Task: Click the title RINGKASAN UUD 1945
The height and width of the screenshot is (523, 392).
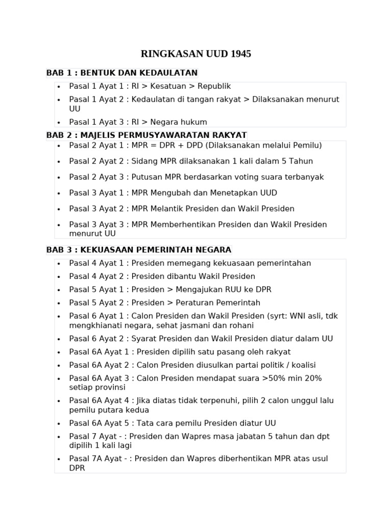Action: click(x=196, y=54)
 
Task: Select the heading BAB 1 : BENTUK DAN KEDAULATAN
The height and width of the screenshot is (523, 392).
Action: click(x=122, y=73)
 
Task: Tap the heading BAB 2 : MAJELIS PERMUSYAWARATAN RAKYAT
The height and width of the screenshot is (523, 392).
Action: click(x=146, y=135)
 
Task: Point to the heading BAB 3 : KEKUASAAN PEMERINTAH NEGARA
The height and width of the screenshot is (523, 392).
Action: click(x=139, y=250)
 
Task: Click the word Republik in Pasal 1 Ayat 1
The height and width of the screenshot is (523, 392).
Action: click(x=214, y=86)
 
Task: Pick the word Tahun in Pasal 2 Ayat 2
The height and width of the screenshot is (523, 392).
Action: click(x=301, y=161)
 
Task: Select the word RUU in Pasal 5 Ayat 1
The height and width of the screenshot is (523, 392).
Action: click(x=229, y=290)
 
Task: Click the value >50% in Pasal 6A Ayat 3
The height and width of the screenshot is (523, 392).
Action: click(x=284, y=378)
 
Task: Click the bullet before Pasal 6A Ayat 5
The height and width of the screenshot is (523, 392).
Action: click(x=59, y=424)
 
